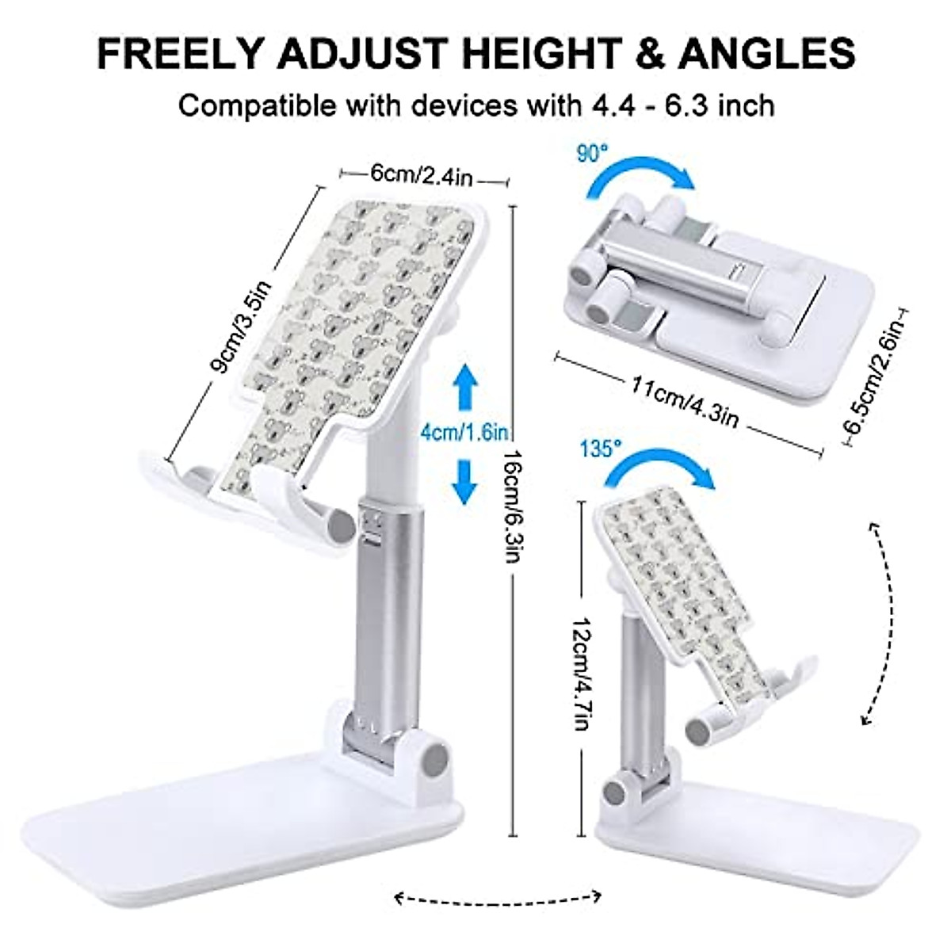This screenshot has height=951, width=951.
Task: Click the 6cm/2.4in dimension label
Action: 421,176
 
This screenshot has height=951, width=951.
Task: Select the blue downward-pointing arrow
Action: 464,480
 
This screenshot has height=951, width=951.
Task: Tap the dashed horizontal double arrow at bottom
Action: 498,897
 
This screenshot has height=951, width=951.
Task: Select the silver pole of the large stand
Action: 390,610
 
